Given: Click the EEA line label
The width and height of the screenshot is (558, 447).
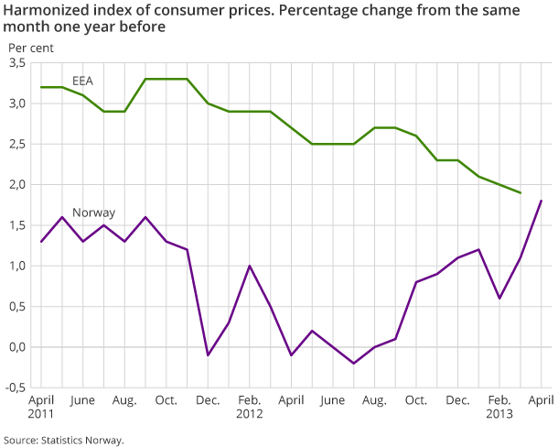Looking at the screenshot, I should [x=83, y=81].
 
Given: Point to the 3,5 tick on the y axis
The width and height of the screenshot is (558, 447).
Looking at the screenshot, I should [x=16, y=63].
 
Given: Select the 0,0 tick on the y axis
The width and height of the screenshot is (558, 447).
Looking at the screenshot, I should [x=16, y=347].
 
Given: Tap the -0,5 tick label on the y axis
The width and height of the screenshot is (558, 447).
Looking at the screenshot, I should [x=14, y=387].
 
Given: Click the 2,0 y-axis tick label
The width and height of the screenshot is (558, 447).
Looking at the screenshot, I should [x=16, y=185].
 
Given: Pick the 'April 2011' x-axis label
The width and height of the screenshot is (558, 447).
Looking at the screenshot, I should [x=41, y=407].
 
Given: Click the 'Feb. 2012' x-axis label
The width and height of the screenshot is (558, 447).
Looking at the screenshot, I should [x=249, y=407].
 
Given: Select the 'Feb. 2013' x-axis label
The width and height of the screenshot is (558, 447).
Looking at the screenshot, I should [x=499, y=407].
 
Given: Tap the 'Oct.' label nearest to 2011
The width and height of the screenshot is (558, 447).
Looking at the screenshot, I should [x=166, y=400].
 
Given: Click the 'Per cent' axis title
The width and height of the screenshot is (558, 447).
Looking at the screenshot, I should [x=30, y=46].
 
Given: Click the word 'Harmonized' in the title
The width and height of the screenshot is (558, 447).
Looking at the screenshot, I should [x=42, y=11].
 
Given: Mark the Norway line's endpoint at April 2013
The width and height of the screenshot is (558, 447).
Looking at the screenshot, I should [x=541, y=201].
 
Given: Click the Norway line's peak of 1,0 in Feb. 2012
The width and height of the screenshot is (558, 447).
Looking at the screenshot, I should [x=250, y=266].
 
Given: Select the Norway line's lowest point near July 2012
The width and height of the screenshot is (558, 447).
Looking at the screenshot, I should [x=354, y=364].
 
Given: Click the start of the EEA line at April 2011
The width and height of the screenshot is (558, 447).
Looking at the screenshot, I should [x=41, y=87].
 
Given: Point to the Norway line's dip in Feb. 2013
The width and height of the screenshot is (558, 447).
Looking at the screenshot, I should [x=499, y=299].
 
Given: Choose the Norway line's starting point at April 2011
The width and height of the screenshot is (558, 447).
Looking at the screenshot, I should [x=41, y=242].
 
